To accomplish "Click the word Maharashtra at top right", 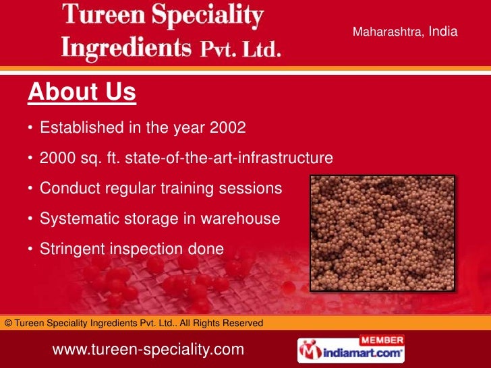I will tap(387, 32).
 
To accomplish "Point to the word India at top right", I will tap(443, 31).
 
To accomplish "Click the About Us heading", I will tap(82, 93).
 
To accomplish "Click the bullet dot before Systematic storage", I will tap(31, 220).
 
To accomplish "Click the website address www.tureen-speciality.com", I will tap(148, 350).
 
